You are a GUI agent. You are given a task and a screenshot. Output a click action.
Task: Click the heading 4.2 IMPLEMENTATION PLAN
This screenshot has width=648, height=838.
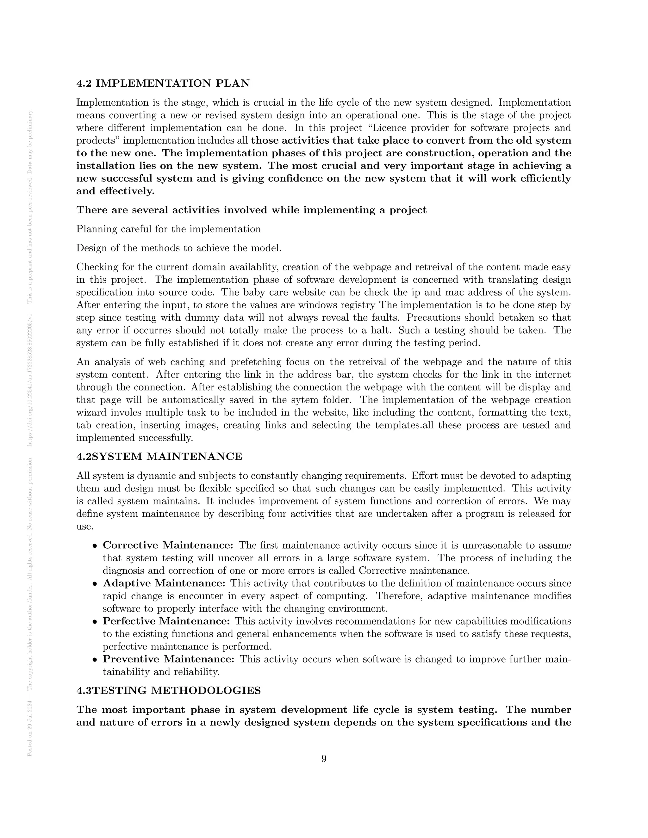[x=163, y=83]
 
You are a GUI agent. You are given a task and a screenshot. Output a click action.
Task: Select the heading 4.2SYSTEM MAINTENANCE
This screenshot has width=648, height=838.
[x=159, y=457]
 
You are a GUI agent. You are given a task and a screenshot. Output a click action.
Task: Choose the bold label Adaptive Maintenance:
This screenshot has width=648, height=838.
[x=164, y=583]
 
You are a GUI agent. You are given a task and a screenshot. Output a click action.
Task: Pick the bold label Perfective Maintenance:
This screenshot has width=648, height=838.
[x=166, y=621]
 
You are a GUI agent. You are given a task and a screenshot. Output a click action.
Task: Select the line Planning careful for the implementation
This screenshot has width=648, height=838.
[x=169, y=229]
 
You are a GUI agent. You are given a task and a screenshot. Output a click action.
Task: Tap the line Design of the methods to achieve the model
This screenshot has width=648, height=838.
[x=179, y=248]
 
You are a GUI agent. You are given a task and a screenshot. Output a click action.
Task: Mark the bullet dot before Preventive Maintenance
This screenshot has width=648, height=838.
[x=94, y=660]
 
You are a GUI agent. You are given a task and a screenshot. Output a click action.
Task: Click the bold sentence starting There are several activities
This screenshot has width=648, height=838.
[x=252, y=210]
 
